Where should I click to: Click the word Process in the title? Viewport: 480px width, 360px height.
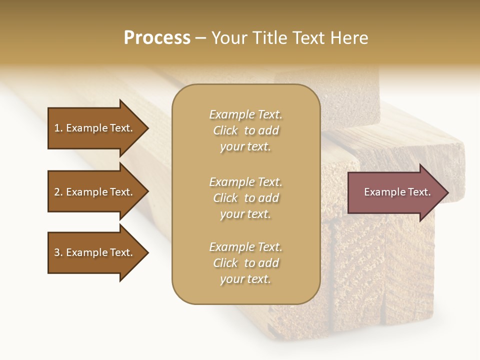pyautogui.click(x=157, y=38)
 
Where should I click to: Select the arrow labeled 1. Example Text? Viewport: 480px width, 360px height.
pyautogui.click(x=95, y=128)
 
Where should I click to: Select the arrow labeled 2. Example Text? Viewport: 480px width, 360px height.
pyautogui.click(x=95, y=192)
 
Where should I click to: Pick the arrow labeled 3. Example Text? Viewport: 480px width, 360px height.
pyautogui.click(x=95, y=252)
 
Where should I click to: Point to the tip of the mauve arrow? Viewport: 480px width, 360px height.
pyautogui.click(x=447, y=192)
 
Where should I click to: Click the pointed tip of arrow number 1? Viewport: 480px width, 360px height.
pyautogui.click(x=147, y=128)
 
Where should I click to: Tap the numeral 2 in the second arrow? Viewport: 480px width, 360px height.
pyautogui.click(x=57, y=192)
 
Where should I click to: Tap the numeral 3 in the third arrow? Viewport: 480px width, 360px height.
pyautogui.click(x=57, y=252)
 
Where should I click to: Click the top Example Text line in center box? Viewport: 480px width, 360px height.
pyautogui.click(x=245, y=115)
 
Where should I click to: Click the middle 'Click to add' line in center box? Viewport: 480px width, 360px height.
pyautogui.click(x=245, y=198)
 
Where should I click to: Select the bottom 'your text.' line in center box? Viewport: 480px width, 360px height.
pyautogui.click(x=245, y=279)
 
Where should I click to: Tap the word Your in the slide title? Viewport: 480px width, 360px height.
pyautogui.click(x=228, y=38)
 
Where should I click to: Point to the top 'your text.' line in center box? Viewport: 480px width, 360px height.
pyautogui.click(x=245, y=147)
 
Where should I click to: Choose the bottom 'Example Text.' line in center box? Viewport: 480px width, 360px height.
pyautogui.click(x=245, y=247)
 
